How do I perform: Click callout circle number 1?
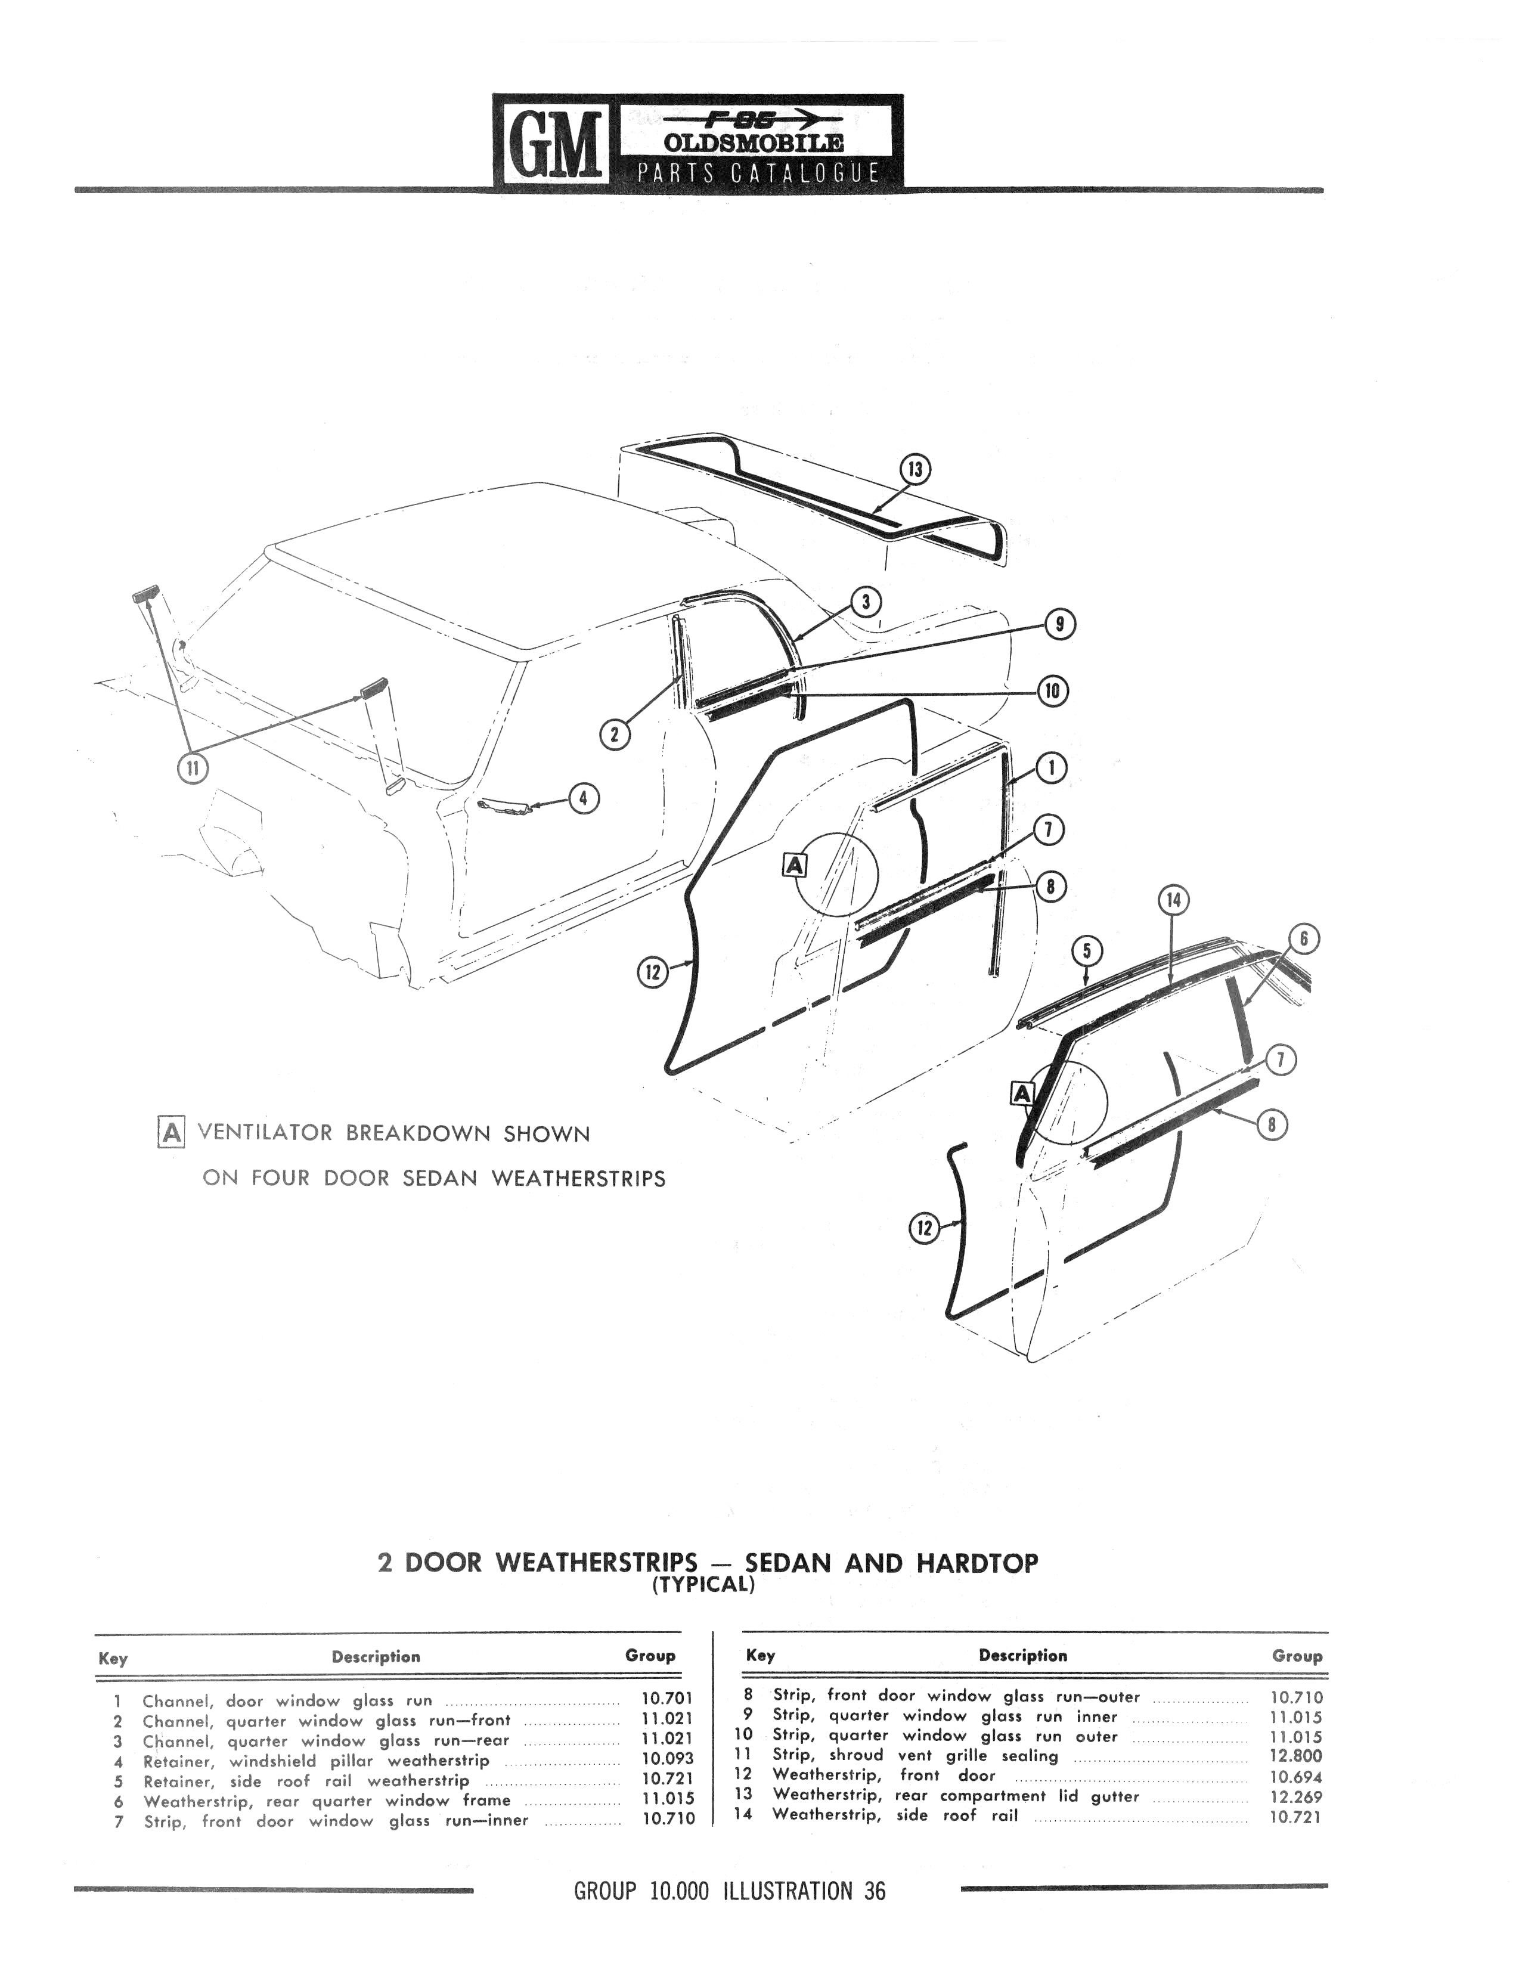pyautogui.click(x=1050, y=769)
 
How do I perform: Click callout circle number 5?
pyautogui.click(x=1087, y=950)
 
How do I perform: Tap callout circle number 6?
pyautogui.click(x=1304, y=940)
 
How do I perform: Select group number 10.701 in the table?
pyautogui.click(x=666, y=1700)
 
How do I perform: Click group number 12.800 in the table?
pyautogui.click(x=1295, y=1756)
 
